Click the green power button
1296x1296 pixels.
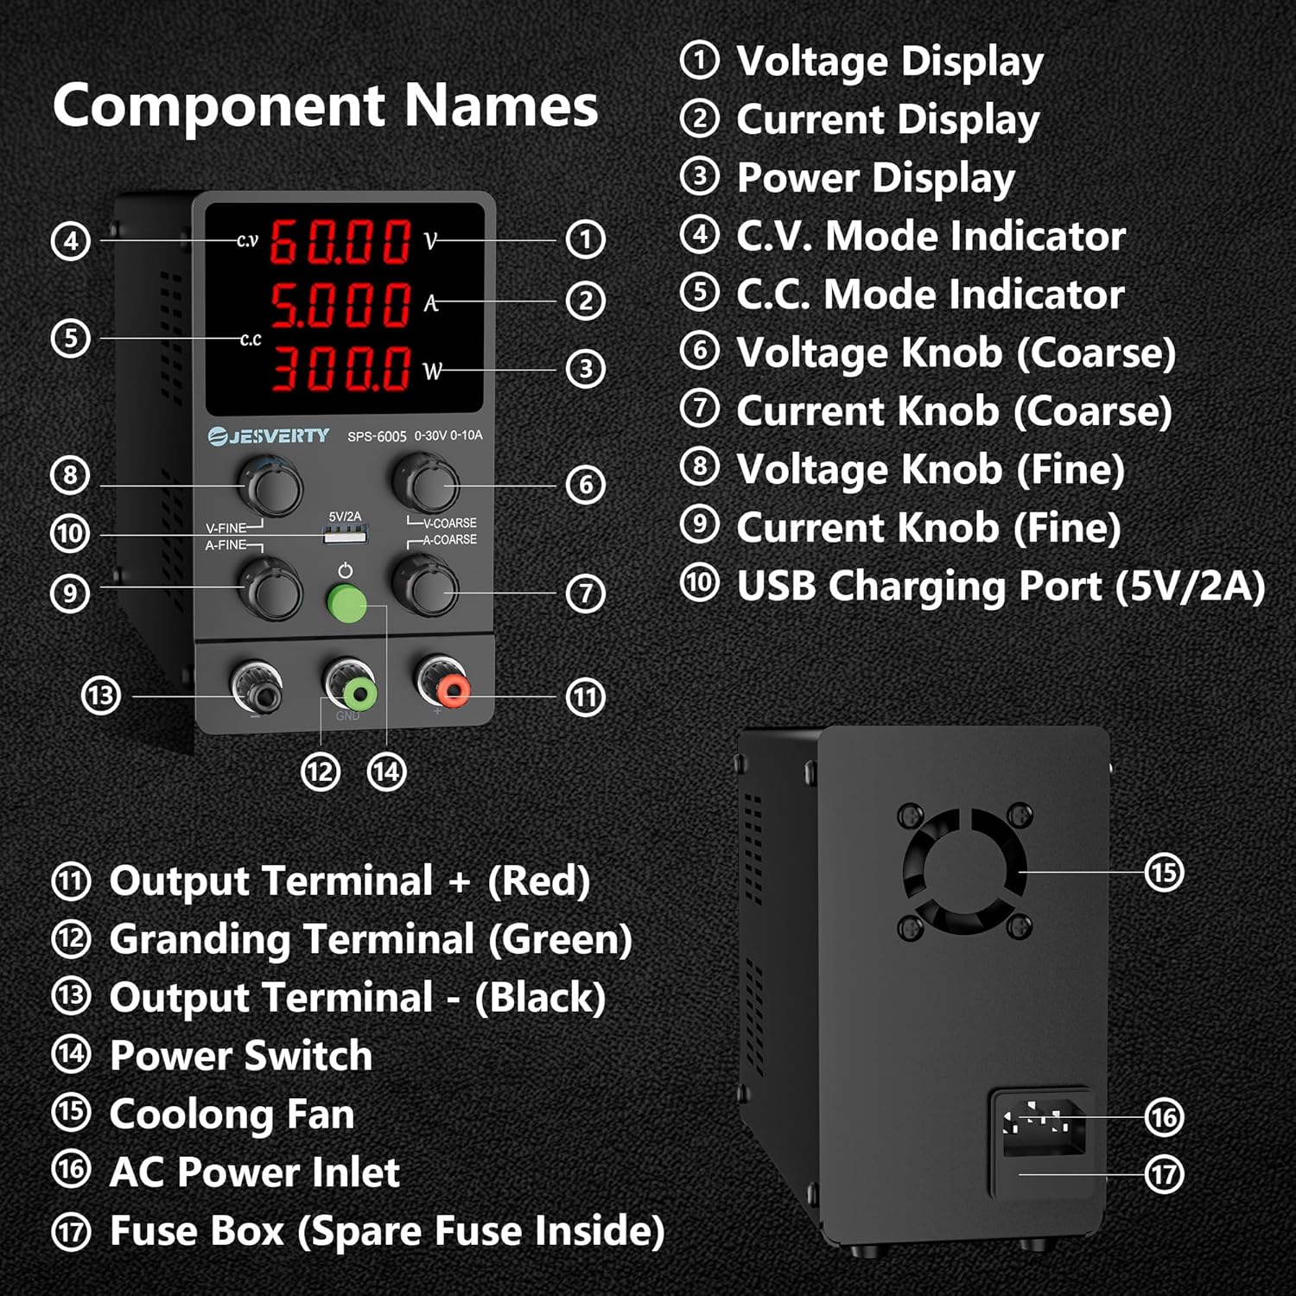tap(346, 604)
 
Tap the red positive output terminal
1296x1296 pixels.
tap(452, 690)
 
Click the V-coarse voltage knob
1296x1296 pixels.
tap(425, 486)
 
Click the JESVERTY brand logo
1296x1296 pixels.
tap(269, 435)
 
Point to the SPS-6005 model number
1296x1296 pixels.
tap(377, 436)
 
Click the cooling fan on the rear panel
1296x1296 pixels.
tap(964, 868)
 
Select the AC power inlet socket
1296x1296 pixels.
tap(1040, 1122)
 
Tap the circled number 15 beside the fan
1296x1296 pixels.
tap(1164, 872)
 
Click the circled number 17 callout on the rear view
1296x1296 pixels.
tap(1164, 1174)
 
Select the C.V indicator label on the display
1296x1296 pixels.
tap(247, 241)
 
